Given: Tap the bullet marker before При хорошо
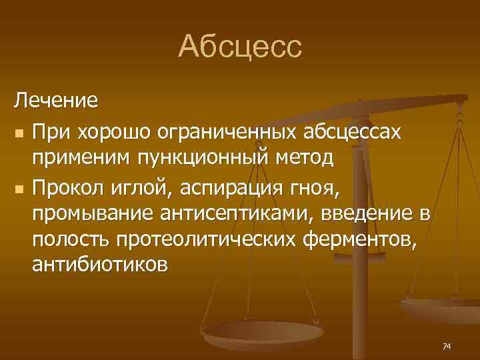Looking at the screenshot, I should (19, 133).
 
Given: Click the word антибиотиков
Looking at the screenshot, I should (100, 265).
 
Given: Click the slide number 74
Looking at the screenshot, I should (447, 346).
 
